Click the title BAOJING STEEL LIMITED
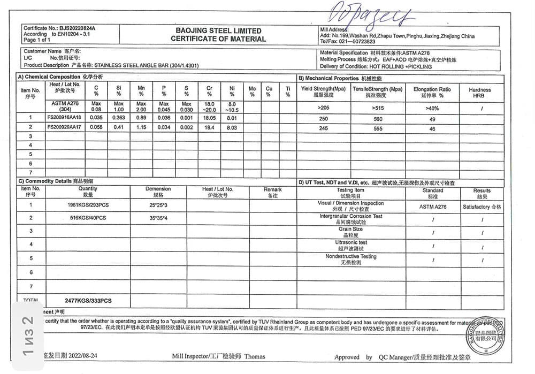point(218,30)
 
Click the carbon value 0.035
point(96,117)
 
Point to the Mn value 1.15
point(141,127)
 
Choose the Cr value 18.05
point(209,117)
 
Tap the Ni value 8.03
point(232,127)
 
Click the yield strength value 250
point(324,119)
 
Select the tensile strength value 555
point(377,129)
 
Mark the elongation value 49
point(432,119)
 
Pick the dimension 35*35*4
point(158,218)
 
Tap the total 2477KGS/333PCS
point(88,301)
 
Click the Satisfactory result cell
point(482,207)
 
